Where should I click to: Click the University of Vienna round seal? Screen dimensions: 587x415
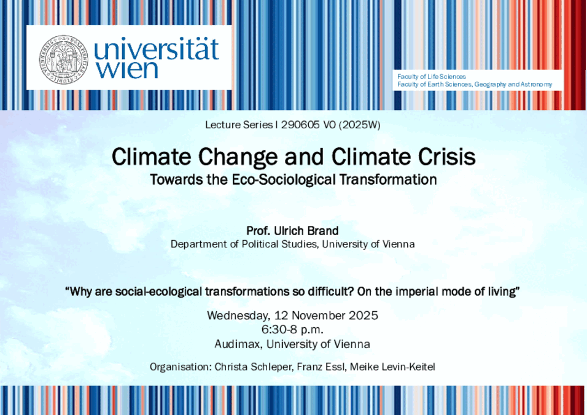(x=64, y=60)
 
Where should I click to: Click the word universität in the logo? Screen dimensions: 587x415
(x=156, y=48)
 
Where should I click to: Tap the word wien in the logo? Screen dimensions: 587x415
(x=126, y=70)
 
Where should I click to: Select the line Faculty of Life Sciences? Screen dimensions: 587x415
(x=431, y=76)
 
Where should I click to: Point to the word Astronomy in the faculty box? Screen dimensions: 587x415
(x=536, y=85)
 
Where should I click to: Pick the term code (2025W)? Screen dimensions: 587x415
(x=359, y=125)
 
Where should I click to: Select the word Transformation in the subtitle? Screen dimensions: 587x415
(x=388, y=180)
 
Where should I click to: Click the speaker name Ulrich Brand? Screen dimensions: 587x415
(x=306, y=230)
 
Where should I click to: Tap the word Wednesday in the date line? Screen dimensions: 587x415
(x=238, y=316)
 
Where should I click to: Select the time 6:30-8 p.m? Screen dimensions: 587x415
(x=292, y=330)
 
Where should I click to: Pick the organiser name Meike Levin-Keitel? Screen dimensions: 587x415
(x=392, y=367)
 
